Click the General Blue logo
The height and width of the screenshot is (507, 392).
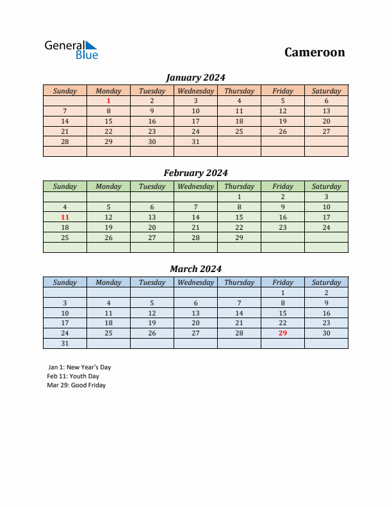(71, 50)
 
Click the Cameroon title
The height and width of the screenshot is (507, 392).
(314, 52)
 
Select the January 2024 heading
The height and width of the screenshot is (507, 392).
(195, 77)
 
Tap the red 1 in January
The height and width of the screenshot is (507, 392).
(108, 101)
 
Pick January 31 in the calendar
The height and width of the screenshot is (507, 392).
(195, 141)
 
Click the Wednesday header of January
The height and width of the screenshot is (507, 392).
(195, 91)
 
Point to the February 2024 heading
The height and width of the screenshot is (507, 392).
(195, 173)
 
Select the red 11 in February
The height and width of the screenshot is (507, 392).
(65, 217)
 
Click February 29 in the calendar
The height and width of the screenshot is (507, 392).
(239, 237)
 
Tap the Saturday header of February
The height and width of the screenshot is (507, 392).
(326, 186)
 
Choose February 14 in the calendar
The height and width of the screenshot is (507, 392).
(195, 217)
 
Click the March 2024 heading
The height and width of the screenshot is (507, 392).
(195, 269)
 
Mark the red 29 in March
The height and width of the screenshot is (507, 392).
(282, 333)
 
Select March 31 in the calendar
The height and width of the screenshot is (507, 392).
(65, 344)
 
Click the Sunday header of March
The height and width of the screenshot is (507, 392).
(65, 282)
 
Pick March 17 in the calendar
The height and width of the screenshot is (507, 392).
(65, 323)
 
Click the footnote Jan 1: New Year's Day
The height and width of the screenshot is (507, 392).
(79, 367)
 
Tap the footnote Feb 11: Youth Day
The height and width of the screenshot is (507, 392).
(73, 376)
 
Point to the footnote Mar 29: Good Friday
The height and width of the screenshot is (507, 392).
(76, 385)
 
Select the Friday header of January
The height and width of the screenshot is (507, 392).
(282, 91)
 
